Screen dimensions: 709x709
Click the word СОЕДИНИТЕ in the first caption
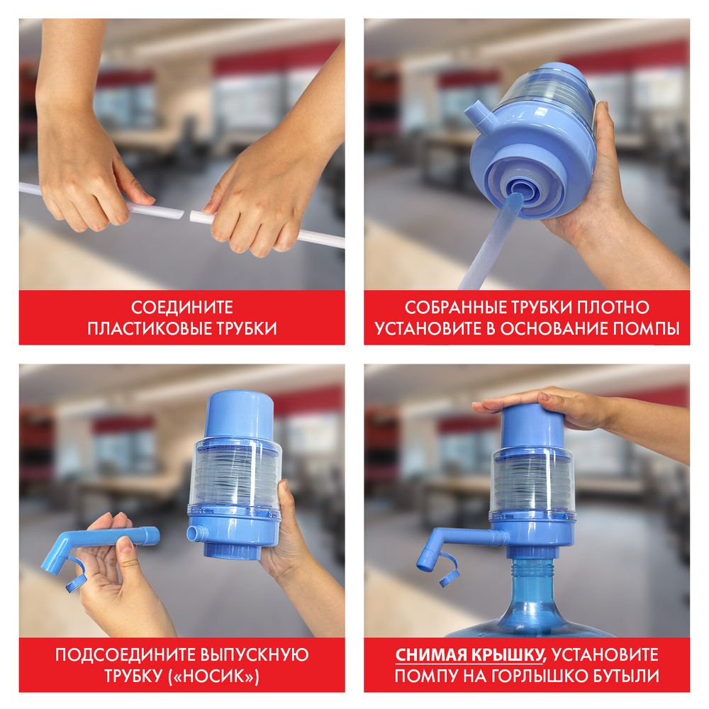[182, 308]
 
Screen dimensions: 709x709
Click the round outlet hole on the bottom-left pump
[192, 532]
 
